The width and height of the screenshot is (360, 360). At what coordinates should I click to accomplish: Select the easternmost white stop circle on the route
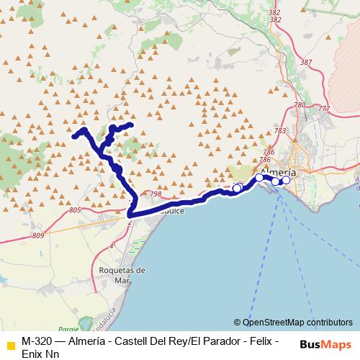point(286,180)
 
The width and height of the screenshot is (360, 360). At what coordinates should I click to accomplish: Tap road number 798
point(156,194)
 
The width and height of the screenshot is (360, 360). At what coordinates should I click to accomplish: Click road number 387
point(306,63)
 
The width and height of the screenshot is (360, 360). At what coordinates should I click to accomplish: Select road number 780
point(300,106)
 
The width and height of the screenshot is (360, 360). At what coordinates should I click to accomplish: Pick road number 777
point(323,109)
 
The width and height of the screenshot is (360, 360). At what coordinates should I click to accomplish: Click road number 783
point(280,130)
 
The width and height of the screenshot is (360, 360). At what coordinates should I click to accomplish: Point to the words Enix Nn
point(41,352)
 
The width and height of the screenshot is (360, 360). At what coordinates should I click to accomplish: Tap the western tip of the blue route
point(74,135)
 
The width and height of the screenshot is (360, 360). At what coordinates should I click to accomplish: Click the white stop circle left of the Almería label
point(259,177)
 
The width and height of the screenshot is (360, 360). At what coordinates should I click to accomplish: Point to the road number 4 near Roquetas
point(112,246)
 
